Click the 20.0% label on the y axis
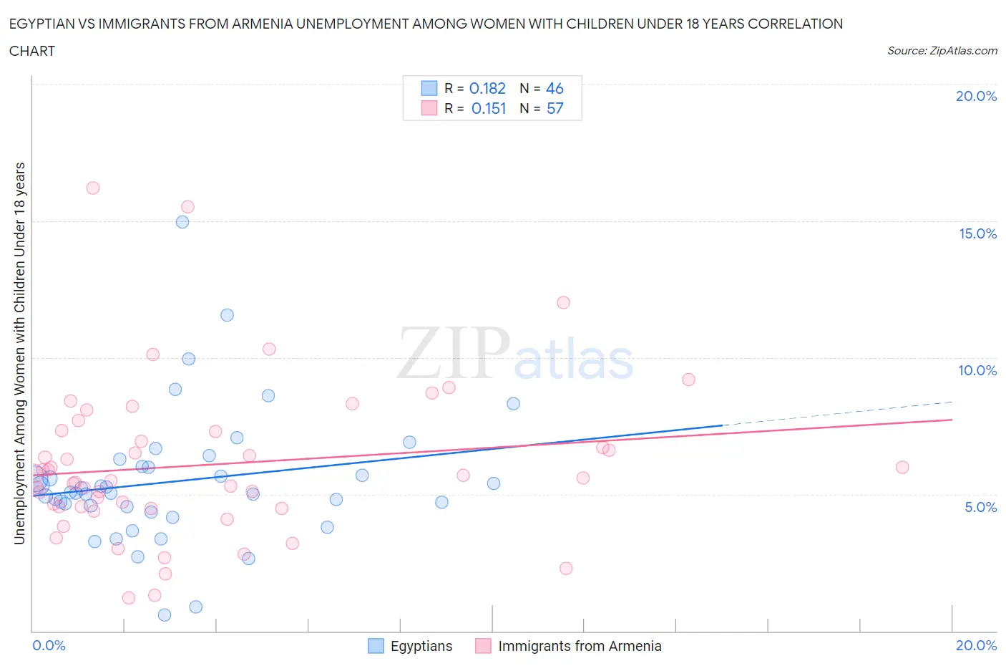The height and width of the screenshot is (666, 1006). coord(976,96)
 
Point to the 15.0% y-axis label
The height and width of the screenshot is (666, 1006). coord(977,233)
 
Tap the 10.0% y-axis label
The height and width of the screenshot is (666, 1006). coord(977,370)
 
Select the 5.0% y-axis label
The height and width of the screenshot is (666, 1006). coord(980,507)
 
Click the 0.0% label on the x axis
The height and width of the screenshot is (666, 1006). coord(49,645)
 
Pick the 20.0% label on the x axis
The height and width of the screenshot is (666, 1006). coord(976,645)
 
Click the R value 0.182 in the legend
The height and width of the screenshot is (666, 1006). coord(487,88)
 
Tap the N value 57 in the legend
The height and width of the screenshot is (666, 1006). coord(555,108)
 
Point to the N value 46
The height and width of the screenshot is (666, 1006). coord(555,88)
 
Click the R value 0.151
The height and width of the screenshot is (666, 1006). coord(489,108)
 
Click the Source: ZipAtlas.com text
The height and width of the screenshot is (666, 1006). coord(942,50)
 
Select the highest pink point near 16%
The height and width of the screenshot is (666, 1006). coord(92,188)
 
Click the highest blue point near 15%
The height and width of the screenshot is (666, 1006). coord(182,222)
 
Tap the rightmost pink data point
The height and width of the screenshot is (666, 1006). coord(902,467)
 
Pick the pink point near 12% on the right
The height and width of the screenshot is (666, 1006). coord(563,302)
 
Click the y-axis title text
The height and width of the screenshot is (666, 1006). coord(20,353)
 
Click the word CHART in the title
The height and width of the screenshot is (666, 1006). coord(32,51)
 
